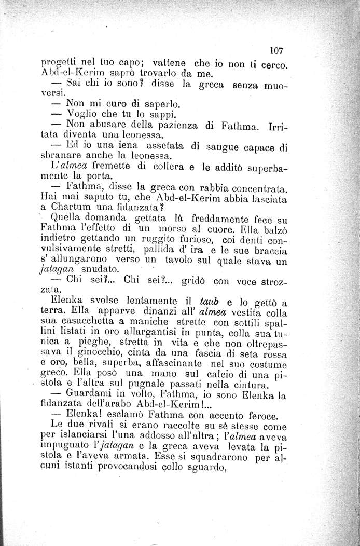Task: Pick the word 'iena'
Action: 121,148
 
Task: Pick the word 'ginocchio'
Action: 104,359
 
